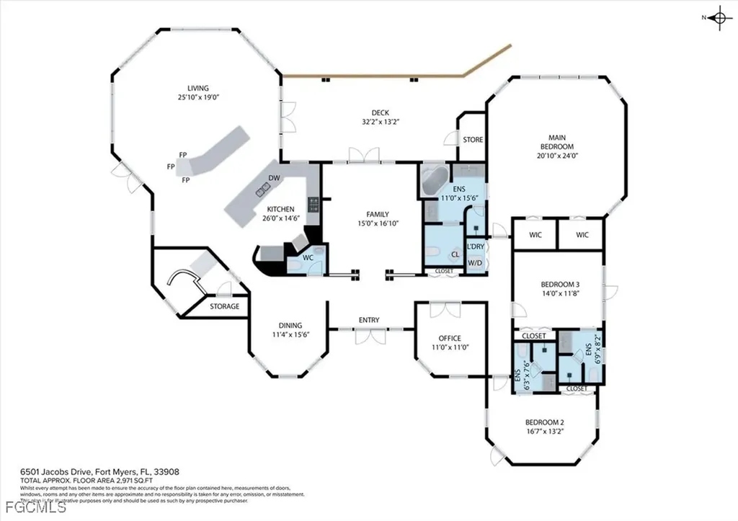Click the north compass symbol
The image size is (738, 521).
718,19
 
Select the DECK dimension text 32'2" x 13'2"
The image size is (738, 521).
381,122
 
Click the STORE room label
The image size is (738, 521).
473,140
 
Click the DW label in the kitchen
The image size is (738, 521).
274,178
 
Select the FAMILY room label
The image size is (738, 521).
378,214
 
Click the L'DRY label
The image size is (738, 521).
476,247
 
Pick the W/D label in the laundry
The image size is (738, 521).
476,262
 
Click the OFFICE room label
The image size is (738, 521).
450,338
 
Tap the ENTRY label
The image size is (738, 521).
369,320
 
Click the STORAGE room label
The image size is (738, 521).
224,307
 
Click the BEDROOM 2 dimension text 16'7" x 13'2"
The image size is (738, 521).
544,432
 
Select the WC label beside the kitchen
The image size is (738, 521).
306,257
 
